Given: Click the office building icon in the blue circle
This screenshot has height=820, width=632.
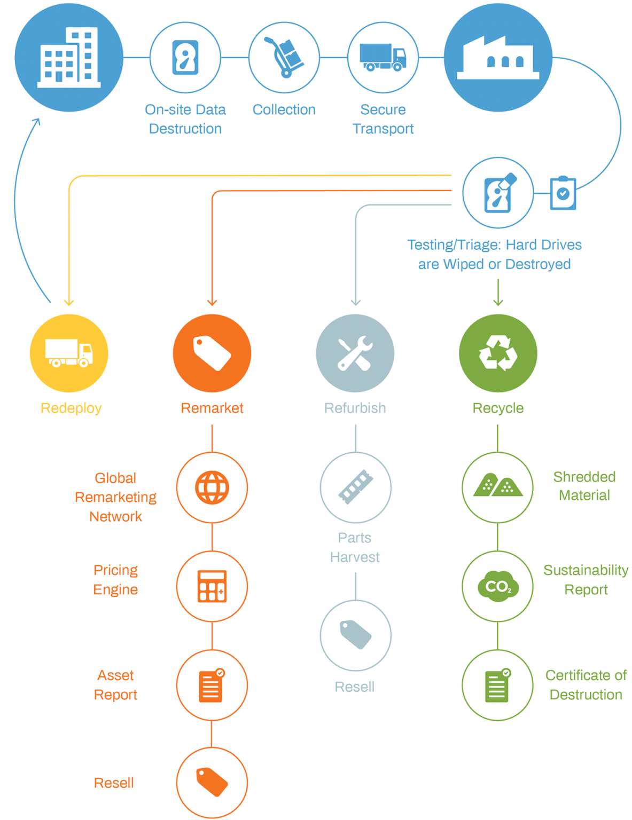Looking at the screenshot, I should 69,57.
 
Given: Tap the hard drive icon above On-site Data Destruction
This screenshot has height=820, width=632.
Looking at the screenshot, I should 185,57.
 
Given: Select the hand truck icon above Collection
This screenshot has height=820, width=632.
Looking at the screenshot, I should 284,57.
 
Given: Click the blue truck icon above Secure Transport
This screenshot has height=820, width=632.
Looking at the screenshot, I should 383,57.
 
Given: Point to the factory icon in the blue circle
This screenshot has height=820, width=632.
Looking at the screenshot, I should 498,57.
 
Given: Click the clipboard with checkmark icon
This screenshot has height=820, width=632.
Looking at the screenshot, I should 563,193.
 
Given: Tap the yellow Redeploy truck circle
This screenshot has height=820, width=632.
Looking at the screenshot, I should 69,353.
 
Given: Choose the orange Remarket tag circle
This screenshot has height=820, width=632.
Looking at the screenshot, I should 212,353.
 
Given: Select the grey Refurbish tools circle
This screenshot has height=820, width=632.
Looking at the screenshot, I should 355,353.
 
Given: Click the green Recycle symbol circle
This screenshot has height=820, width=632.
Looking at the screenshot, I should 498,353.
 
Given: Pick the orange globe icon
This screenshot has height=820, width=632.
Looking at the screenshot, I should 212,487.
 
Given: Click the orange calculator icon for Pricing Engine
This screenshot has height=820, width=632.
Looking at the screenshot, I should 212,586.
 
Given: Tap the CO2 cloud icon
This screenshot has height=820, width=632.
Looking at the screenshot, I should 498,586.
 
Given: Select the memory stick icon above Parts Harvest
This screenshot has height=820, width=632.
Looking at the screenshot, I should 355,487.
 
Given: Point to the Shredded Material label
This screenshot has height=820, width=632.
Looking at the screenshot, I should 584,486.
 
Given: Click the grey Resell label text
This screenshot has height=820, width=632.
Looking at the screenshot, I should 355,687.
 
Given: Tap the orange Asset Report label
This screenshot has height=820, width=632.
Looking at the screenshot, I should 115,685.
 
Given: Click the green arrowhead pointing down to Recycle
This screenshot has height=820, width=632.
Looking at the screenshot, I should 498,303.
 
